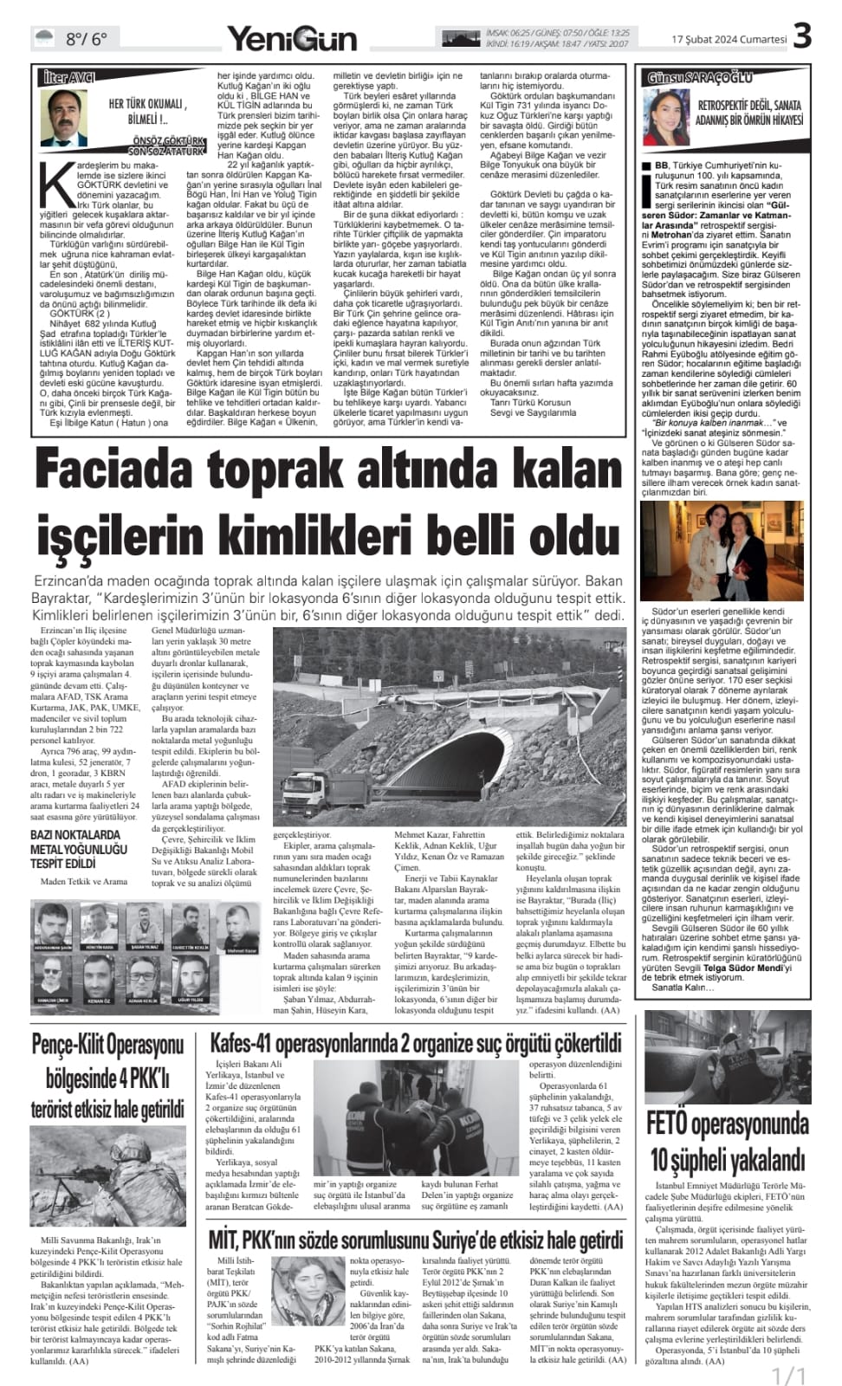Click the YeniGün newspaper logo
(292, 38)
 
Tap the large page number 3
(802, 36)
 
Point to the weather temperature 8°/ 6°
(86, 38)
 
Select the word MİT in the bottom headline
(226, 1239)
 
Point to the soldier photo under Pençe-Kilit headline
(108, 1176)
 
